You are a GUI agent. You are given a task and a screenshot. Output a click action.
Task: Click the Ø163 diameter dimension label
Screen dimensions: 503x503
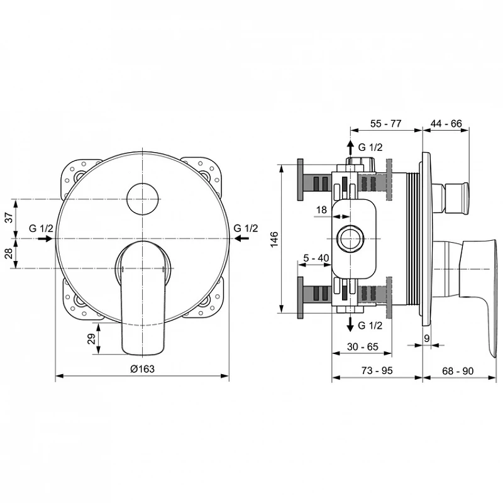click(142, 369)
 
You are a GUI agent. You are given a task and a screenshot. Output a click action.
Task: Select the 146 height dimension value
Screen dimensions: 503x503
click(274, 240)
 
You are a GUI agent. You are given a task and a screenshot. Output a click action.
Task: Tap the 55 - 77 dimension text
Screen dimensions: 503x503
click(385, 123)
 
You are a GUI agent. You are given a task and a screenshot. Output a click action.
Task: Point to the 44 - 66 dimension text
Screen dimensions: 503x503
click(446, 123)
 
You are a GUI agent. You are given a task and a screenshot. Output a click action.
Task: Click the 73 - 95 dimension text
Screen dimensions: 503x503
click(377, 370)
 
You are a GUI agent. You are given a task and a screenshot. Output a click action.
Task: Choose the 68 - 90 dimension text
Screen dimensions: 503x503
click(458, 371)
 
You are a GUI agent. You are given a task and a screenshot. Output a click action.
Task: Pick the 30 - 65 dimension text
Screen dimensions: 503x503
click(363, 346)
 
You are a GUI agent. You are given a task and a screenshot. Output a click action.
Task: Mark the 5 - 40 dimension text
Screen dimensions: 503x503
click(316, 258)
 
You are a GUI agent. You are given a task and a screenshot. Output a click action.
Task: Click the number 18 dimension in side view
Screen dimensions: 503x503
click(321, 210)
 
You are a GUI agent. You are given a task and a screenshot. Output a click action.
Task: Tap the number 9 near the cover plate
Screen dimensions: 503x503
click(427, 338)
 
